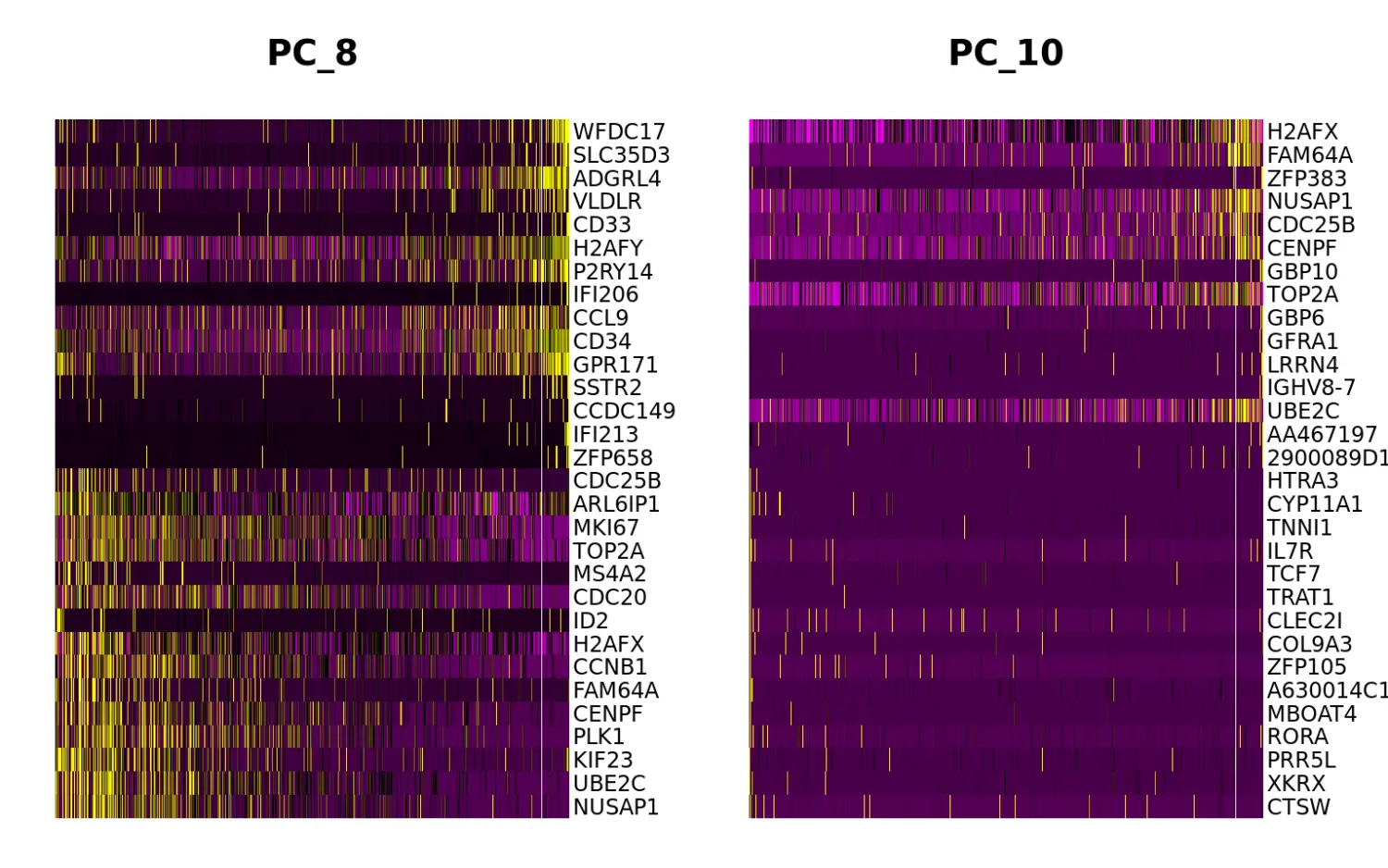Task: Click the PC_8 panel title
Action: tap(312, 53)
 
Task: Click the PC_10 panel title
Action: tap(1006, 53)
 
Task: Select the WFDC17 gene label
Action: tap(618, 131)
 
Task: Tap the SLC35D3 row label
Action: tap(621, 155)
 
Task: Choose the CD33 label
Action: tap(601, 225)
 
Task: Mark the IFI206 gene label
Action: tap(605, 294)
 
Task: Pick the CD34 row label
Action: tap(601, 341)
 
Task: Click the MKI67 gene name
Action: tap(605, 527)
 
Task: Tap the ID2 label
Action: tap(590, 621)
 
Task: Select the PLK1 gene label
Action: tap(599, 737)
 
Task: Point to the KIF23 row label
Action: tap(602, 760)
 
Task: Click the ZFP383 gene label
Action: tap(1307, 179)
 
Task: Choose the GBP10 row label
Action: tap(1302, 271)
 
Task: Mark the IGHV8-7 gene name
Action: tap(1310, 388)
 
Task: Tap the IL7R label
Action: tap(1290, 551)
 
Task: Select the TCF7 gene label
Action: tap(1294, 574)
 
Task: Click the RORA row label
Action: tap(1297, 737)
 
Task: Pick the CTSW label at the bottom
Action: tap(1298, 807)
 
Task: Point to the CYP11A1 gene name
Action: tap(1314, 504)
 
